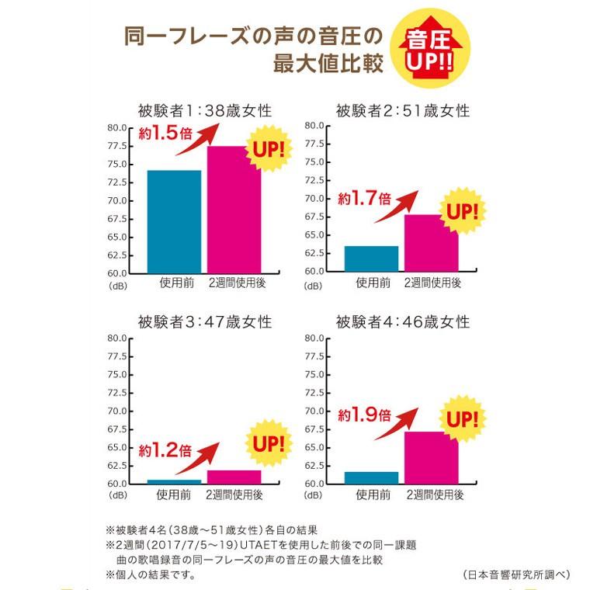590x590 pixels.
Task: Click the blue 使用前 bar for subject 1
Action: tap(175, 221)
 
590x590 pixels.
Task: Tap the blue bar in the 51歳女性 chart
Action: tap(371, 258)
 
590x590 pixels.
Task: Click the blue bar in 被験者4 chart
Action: tap(371, 477)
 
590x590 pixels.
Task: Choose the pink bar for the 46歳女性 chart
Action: tap(431, 462)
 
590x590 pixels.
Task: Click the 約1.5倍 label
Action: tap(165, 133)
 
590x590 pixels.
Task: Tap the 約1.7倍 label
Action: tap(363, 198)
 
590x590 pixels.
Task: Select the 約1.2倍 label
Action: tap(165, 449)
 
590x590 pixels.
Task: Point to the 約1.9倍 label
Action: tap(363, 415)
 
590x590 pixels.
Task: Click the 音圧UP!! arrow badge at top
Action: tap(429, 51)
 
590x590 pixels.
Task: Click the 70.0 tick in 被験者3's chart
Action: tap(116, 411)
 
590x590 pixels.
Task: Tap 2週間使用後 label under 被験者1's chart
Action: tap(237, 283)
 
